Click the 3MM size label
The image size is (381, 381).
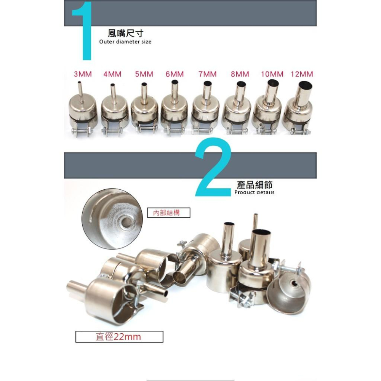point(83,74)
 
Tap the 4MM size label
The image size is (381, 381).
point(112,74)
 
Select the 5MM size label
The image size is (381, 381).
point(144,74)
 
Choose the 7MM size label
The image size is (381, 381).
point(207,74)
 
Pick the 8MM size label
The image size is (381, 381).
point(240,74)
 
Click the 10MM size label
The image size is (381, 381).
point(272,74)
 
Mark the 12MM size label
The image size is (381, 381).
point(302,74)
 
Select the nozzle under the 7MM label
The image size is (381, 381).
point(206,109)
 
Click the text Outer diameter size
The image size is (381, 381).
point(125,42)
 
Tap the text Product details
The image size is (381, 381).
point(254,192)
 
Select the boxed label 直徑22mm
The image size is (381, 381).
point(119,337)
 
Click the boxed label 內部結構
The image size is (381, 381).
point(168,213)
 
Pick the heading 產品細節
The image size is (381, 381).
point(255,185)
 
